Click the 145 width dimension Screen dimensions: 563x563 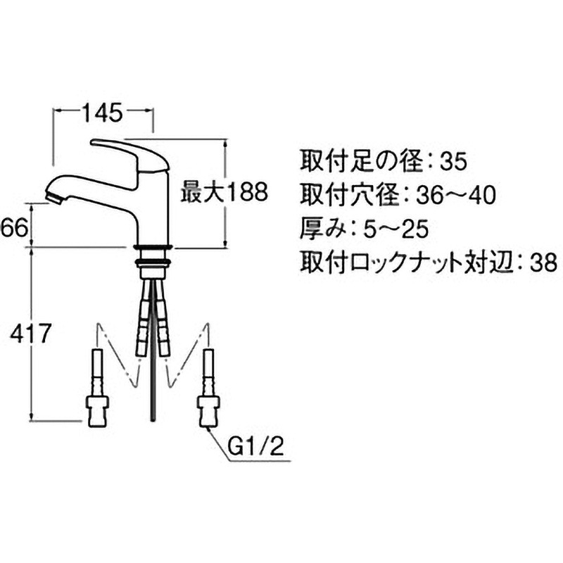[103, 111]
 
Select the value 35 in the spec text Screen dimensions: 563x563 [452, 162]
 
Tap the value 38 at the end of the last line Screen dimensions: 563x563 [540, 262]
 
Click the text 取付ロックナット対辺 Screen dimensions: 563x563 [405, 262]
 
